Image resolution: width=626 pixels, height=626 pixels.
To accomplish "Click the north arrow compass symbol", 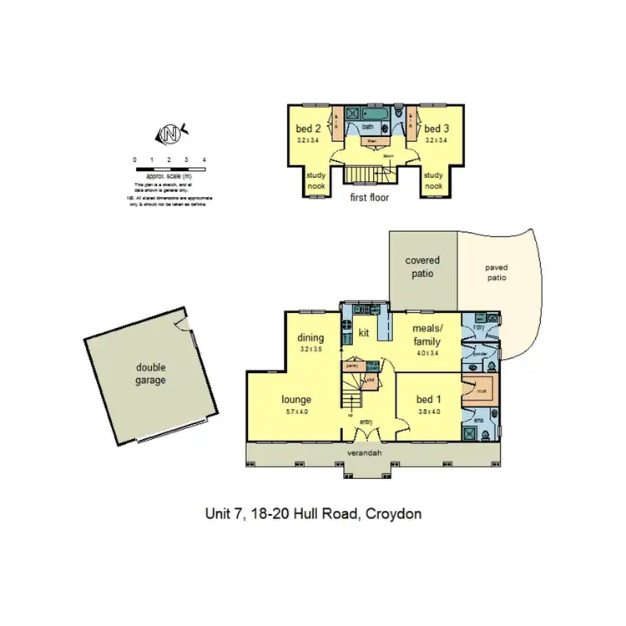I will (x=171, y=134).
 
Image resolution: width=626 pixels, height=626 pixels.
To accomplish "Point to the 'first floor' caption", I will (x=369, y=198).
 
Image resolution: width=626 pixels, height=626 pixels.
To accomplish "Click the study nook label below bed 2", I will (x=316, y=180).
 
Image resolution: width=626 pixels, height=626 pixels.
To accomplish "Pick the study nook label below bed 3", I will (x=433, y=180).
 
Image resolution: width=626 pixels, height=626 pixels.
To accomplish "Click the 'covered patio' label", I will (x=422, y=267).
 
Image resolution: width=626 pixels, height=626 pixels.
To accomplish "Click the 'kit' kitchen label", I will (x=364, y=333).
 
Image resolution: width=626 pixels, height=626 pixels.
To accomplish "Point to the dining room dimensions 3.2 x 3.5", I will (x=310, y=350).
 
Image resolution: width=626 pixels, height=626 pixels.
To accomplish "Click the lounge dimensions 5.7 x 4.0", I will (x=296, y=411).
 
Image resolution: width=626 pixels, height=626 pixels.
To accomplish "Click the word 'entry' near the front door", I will (x=366, y=422).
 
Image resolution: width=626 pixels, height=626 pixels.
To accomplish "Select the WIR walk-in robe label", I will (x=482, y=391).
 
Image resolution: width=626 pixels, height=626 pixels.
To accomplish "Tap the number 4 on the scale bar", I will (x=204, y=159).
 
